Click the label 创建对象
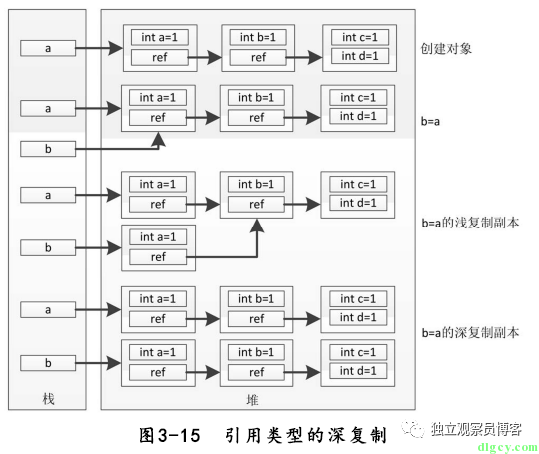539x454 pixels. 446,49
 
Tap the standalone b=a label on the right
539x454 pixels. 430,122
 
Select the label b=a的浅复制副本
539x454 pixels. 470,224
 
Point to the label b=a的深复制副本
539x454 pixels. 470,332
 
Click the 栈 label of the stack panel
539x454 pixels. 48,399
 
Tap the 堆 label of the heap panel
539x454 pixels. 252,400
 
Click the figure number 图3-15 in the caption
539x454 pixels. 169,435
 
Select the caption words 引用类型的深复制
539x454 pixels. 306,435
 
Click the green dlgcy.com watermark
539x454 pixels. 507,447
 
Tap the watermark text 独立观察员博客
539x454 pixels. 476,429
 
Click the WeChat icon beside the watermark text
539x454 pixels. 413,429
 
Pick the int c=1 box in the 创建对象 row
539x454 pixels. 360,37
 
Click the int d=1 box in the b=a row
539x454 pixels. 358,116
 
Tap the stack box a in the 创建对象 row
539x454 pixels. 48,48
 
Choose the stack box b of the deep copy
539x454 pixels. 48,363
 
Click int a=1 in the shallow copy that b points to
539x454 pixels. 158,237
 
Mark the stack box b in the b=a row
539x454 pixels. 48,149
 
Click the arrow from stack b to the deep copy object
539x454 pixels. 98,363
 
